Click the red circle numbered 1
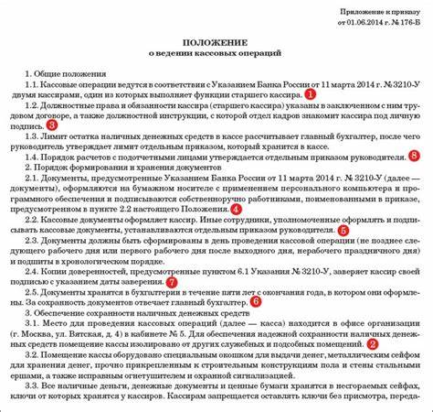click(x=311, y=94)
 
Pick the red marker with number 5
click(x=343, y=230)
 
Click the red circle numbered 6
click(x=256, y=299)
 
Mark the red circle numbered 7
click(x=172, y=283)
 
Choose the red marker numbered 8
click(x=415, y=156)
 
